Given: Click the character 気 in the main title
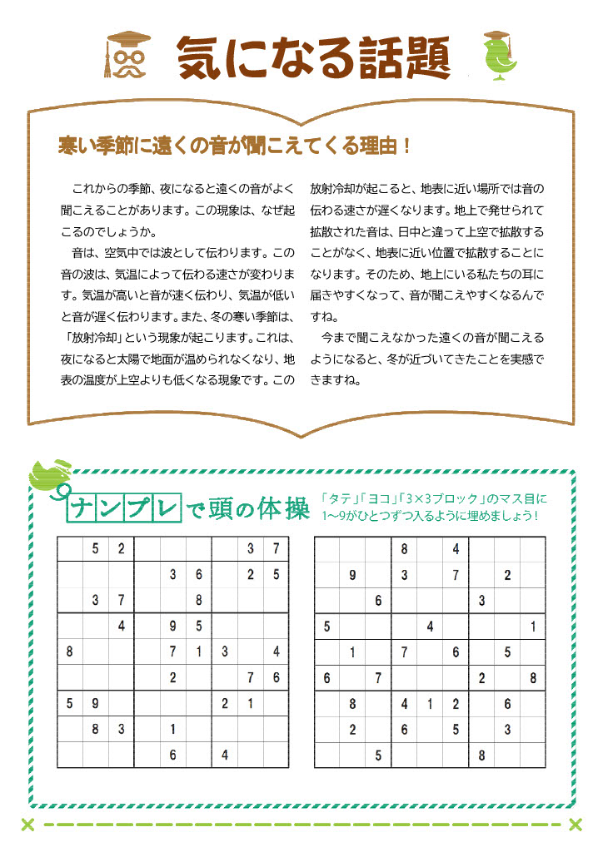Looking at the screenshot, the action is click(x=205, y=58).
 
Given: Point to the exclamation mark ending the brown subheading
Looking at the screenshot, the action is click(x=406, y=146).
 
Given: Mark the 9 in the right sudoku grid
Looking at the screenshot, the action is click(x=352, y=575).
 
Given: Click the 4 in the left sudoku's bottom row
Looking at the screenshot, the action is click(x=224, y=755).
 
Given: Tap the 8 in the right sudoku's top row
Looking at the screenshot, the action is click(x=404, y=549).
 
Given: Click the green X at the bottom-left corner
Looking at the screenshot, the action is click(x=27, y=825).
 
